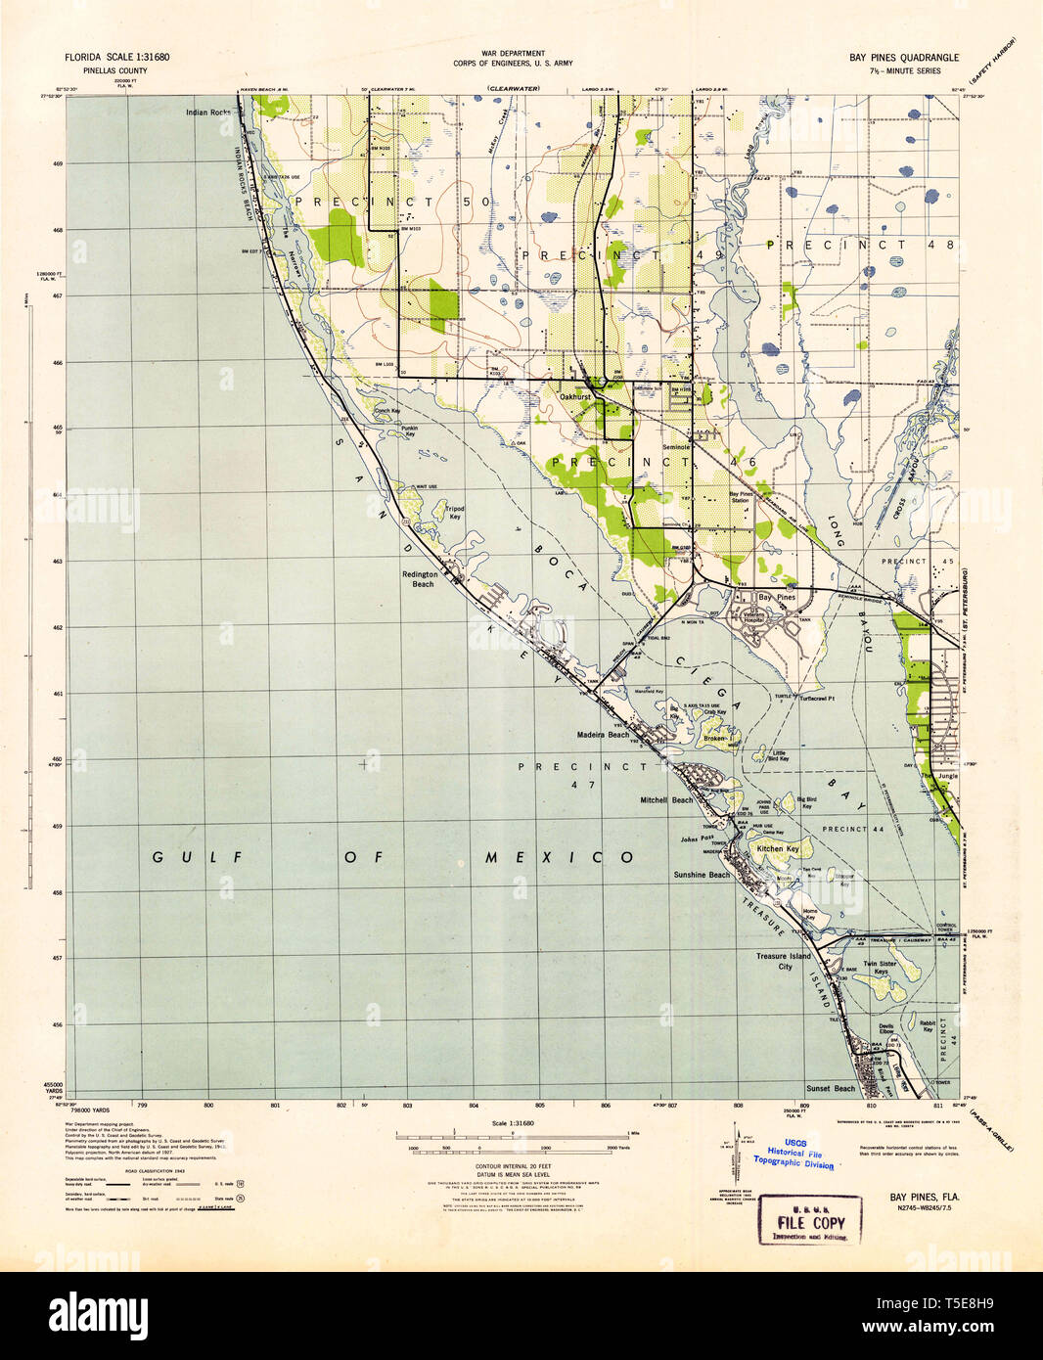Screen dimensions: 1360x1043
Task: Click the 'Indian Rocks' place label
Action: pyautogui.click(x=208, y=113)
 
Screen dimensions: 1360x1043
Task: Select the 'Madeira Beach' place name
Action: pyautogui.click(x=604, y=735)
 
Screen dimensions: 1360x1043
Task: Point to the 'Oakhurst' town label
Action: pyautogui.click(x=577, y=397)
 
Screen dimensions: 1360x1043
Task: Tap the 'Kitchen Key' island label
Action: pyautogui.click(x=778, y=849)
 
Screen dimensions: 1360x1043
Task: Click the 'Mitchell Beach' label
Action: pyautogui.click(x=666, y=799)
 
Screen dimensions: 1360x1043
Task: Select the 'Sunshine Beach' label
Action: pyautogui.click(x=701, y=875)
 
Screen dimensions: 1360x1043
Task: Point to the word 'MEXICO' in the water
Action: pyautogui.click(x=560, y=857)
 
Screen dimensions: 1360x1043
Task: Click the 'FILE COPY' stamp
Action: pyautogui.click(x=810, y=1222)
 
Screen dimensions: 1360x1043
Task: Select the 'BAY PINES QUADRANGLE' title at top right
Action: pyautogui.click(x=904, y=59)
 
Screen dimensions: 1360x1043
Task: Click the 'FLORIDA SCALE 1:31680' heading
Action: pyautogui.click(x=117, y=59)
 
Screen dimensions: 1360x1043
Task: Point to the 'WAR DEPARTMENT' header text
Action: pyautogui.click(x=512, y=53)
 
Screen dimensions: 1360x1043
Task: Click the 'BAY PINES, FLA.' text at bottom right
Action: pyautogui.click(x=924, y=1197)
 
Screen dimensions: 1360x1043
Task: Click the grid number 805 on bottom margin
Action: pyautogui.click(x=539, y=1106)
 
